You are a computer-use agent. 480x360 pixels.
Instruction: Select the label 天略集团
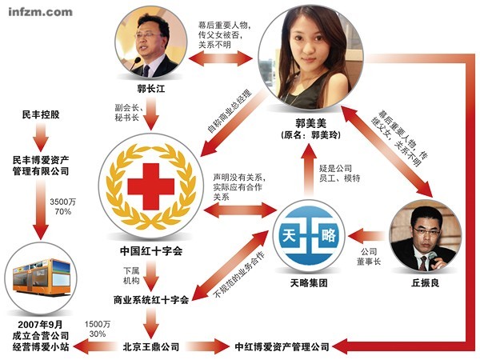(310, 284)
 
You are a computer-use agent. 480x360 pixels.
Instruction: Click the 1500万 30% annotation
(97, 328)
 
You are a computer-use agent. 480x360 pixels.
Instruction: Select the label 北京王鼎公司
(151, 346)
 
